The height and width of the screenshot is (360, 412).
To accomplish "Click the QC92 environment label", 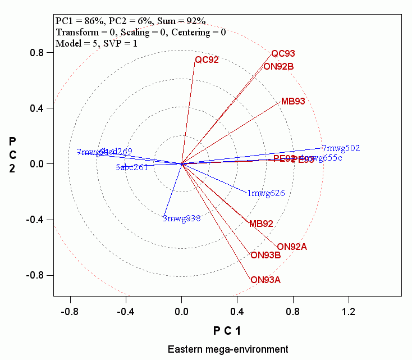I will tap(207, 60).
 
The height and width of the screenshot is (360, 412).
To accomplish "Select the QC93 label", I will tap(283, 54).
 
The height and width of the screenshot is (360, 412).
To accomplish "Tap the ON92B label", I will tap(278, 66).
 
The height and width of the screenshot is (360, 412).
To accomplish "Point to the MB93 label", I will tap(293, 102).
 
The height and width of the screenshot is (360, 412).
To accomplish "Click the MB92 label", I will tap(261, 224).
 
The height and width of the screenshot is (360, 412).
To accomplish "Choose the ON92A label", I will tap(292, 247).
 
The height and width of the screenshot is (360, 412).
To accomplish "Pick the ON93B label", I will tap(265, 256).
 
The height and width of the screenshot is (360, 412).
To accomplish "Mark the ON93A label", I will tap(265, 280).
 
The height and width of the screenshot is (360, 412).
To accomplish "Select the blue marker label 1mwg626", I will tap(266, 193).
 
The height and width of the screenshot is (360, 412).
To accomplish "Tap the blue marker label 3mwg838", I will tap(181, 218).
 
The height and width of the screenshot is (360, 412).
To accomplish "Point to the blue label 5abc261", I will tap(131, 167).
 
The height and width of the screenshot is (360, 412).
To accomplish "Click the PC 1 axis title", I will tap(227, 330).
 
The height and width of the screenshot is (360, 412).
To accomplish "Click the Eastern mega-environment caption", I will tap(228, 349).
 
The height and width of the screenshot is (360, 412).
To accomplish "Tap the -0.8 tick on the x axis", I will tap(70, 311).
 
